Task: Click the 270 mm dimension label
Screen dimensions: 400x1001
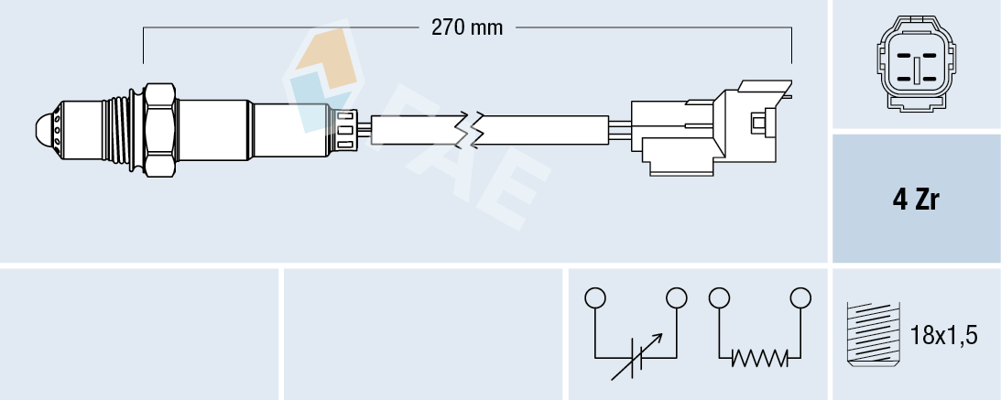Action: pos(467,27)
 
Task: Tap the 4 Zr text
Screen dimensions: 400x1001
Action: pos(915,200)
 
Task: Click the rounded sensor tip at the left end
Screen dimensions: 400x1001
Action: pos(44,128)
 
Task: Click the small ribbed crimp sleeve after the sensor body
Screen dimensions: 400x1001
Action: pos(346,128)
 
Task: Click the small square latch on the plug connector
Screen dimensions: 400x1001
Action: pos(758,122)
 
